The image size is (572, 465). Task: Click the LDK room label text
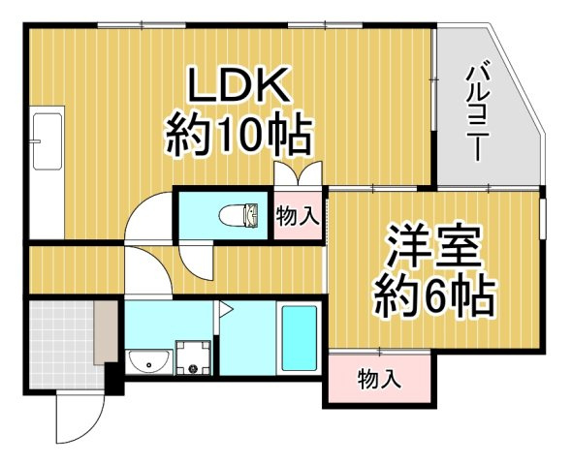click(x=239, y=84)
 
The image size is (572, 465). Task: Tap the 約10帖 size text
click(x=238, y=134)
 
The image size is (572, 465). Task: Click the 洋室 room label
click(x=434, y=245)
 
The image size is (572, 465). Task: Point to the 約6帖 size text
click(x=435, y=295)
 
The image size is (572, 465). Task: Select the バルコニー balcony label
click(x=477, y=113)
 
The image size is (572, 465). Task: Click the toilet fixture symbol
click(x=239, y=215)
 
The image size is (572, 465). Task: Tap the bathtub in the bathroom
click(x=300, y=338)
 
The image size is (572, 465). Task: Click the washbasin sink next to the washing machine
click(x=149, y=362)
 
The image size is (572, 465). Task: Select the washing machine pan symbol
click(x=193, y=357)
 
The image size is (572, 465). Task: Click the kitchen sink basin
click(x=48, y=141)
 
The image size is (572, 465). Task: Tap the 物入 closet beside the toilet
click(x=298, y=215)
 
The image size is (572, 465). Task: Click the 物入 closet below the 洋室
click(x=379, y=378)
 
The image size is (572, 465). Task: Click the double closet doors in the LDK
click(x=299, y=173)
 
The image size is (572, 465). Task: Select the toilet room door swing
click(x=196, y=261)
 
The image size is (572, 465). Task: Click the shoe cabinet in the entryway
click(x=106, y=331)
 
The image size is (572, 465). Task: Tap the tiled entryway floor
click(x=62, y=344)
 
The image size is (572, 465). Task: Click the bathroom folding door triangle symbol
click(x=226, y=310)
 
